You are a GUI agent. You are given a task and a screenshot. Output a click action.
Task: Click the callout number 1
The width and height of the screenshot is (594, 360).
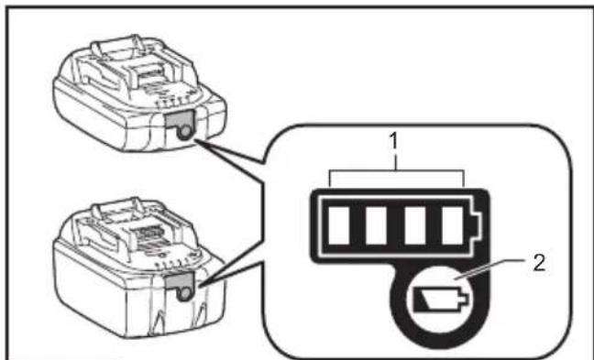[394, 141]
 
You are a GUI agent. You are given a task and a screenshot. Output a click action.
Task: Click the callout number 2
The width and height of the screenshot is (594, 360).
[539, 263]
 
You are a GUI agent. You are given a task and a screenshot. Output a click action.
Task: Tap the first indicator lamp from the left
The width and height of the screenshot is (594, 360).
[338, 225]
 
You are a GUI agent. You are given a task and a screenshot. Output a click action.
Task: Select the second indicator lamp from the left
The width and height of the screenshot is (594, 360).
[376, 225]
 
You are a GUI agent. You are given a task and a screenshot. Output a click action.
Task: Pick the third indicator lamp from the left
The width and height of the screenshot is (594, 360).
[415, 225]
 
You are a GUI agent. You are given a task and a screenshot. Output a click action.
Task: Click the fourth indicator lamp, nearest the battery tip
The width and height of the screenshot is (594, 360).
[453, 225]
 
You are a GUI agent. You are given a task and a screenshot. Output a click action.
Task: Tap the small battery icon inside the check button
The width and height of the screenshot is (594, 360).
[439, 299]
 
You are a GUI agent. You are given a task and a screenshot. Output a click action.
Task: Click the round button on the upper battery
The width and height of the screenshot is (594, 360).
[184, 131]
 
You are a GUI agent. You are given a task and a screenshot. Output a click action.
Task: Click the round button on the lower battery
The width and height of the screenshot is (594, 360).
[185, 293]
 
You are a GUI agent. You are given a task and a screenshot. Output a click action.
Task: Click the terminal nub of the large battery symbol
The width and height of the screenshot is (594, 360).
[477, 224]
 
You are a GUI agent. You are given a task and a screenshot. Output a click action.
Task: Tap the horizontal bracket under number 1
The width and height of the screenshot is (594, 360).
[397, 171]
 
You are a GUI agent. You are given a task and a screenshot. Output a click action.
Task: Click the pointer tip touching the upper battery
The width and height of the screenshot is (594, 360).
[195, 140]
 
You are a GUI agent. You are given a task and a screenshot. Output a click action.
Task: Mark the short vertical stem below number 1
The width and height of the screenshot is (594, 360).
[394, 160]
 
